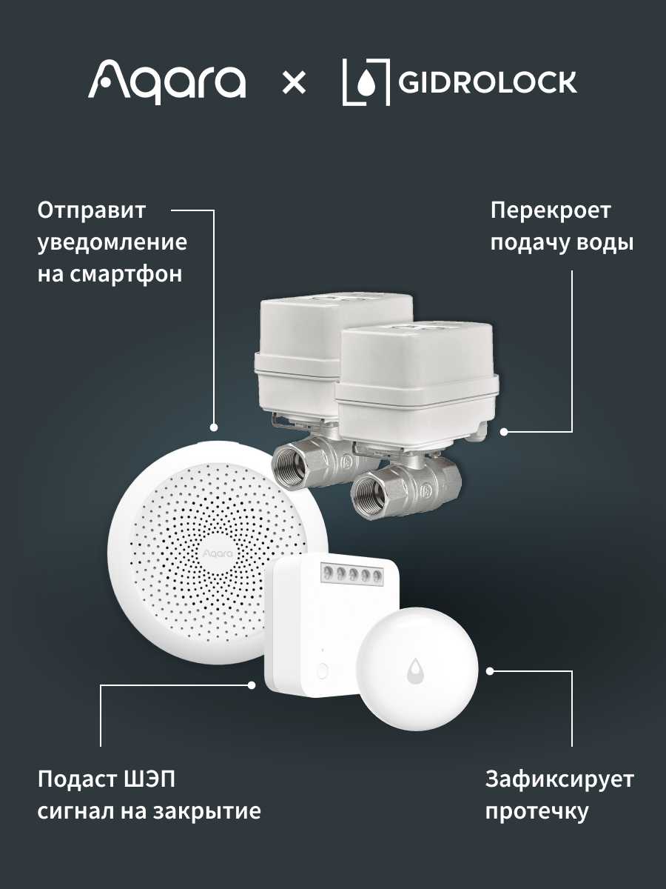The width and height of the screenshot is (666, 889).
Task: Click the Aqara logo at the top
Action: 166,81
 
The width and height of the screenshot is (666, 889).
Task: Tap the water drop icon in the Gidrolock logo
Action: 366,84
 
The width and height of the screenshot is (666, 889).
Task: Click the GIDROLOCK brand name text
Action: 487,82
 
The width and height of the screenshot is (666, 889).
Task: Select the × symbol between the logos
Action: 294,83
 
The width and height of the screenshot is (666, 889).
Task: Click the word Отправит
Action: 91,210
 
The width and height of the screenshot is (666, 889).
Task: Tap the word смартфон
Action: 126,274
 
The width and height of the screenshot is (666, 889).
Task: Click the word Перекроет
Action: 551,211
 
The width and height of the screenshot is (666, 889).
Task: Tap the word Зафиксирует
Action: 559,780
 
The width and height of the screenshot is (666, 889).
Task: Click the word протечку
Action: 537,812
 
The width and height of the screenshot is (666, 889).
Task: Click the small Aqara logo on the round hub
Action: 218,553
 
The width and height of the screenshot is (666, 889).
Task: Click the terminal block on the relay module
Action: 351,573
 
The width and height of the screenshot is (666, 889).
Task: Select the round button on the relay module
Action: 323,670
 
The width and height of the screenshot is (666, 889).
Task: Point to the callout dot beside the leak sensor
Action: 490,671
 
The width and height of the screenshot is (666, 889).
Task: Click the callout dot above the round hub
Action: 214,427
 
